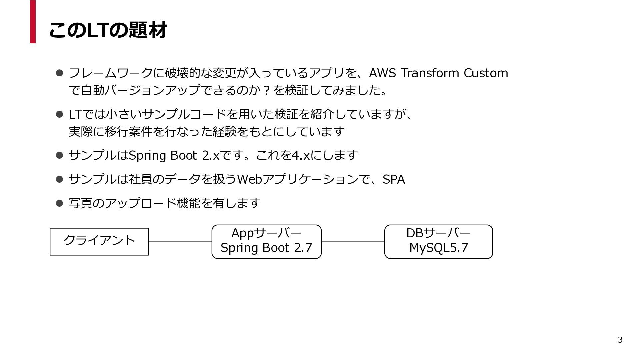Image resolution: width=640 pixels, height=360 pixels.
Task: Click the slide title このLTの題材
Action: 108,30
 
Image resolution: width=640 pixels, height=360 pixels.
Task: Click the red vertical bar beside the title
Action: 33,22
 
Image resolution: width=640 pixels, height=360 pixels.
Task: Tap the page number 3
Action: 620,340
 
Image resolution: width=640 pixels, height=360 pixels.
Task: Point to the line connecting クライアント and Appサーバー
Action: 180,242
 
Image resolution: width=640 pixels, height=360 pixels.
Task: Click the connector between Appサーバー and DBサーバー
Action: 353,242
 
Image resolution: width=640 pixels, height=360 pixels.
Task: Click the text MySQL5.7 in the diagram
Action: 439,248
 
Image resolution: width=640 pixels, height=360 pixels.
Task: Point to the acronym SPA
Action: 394,179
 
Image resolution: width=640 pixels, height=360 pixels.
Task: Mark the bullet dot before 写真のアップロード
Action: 60,203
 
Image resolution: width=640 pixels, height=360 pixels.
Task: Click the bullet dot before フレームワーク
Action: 60,73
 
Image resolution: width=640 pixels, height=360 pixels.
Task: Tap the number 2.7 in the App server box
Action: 303,248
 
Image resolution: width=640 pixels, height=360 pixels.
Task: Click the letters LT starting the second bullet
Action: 75,114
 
